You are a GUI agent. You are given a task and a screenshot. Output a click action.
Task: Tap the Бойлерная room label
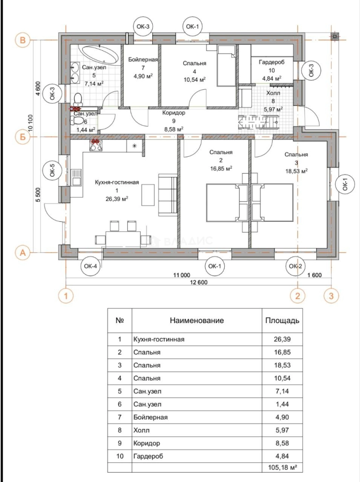click(x=142, y=60)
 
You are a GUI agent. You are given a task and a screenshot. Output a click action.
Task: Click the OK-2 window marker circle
click(x=294, y=266)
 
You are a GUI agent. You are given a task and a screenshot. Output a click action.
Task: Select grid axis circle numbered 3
click(x=331, y=295)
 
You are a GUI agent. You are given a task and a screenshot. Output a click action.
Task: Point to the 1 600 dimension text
click(x=314, y=275)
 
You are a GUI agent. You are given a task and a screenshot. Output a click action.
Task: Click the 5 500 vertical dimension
click(x=38, y=195)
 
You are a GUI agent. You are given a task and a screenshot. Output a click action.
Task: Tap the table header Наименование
click(x=197, y=320)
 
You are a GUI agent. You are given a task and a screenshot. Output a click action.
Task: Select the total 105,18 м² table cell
click(x=282, y=467)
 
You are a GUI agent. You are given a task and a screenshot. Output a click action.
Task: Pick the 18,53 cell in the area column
click(x=282, y=365)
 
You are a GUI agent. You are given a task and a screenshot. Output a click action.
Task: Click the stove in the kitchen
click(x=96, y=145)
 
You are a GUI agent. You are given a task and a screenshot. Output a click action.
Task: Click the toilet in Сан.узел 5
click(x=78, y=99)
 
